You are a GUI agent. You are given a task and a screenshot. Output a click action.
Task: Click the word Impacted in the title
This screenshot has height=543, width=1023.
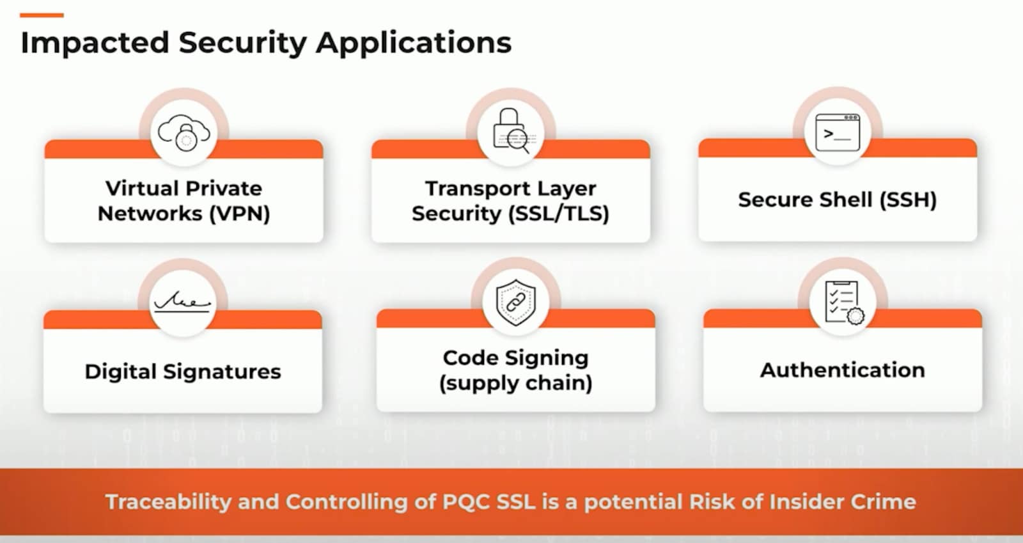point(95,43)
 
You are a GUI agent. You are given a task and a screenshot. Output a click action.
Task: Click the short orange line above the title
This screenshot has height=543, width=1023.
point(42,15)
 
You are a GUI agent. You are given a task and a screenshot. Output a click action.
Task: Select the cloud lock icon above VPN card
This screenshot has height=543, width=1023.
point(184,133)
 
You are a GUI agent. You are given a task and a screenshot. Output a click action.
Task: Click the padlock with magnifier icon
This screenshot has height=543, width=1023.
point(511,131)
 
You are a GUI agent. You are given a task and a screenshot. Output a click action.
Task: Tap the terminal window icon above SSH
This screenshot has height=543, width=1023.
point(838,132)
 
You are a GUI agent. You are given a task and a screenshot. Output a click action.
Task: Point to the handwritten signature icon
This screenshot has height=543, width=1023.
point(182,301)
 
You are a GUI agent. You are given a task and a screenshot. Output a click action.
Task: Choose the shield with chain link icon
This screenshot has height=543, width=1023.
point(516,301)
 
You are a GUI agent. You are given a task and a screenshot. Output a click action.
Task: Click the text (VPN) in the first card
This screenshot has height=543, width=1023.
point(240,213)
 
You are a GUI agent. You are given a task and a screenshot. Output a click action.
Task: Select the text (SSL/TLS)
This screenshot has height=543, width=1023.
point(559,213)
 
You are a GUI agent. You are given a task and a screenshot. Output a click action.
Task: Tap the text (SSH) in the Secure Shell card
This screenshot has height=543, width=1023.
point(908,200)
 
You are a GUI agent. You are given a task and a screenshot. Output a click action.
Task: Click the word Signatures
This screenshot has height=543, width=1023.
point(222,372)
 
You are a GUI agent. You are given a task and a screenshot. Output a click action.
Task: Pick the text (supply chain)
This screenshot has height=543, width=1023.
point(515,383)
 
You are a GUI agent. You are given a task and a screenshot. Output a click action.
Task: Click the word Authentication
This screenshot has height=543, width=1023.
point(842,370)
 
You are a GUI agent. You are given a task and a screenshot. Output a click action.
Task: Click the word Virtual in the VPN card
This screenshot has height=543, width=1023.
point(143,189)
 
